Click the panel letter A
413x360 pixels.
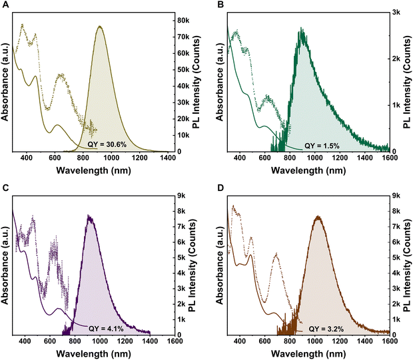click(6, 5)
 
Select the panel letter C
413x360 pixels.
click(6, 188)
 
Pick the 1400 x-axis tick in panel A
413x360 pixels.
click(167, 158)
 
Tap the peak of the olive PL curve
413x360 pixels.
click(100, 26)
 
